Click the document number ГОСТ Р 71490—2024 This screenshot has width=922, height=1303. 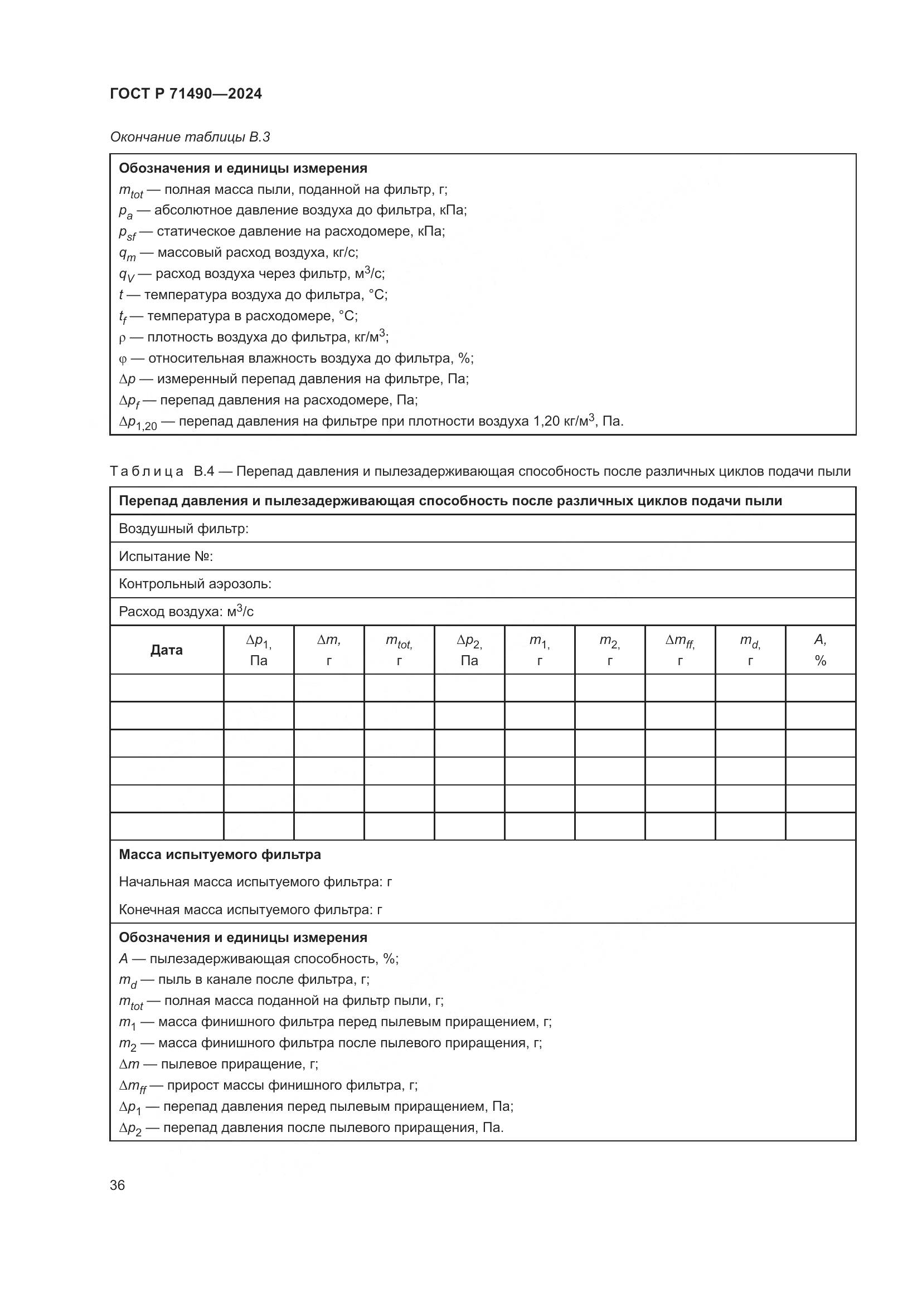click(186, 94)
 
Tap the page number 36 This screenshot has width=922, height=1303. click(117, 1185)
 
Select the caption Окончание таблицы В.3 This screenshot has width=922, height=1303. click(190, 137)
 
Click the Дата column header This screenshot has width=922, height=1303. click(166, 650)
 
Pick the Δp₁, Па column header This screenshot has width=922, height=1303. click(258, 650)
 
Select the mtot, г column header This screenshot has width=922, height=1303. click(399, 650)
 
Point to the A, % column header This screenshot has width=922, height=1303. click(820, 650)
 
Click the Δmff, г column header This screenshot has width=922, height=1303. click(680, 650)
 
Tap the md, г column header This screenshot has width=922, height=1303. click(750, 650)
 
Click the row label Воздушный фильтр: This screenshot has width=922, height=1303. click(183, 529)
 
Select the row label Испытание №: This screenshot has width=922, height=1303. click(165, 557)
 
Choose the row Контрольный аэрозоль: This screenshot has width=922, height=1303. click(195, 584)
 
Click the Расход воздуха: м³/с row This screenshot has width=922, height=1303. click(186, 612)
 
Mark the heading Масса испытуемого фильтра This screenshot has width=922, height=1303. click(220, 855)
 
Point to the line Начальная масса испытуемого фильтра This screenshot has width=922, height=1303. click(255, 882)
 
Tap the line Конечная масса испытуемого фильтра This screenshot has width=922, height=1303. click(250, 910)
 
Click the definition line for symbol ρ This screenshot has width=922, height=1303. click(253, 338)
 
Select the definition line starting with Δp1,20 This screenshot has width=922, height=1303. click(371, 422)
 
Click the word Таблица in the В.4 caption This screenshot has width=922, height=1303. click(147, 472)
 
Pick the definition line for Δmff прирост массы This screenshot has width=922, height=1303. click(268, 1086)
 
